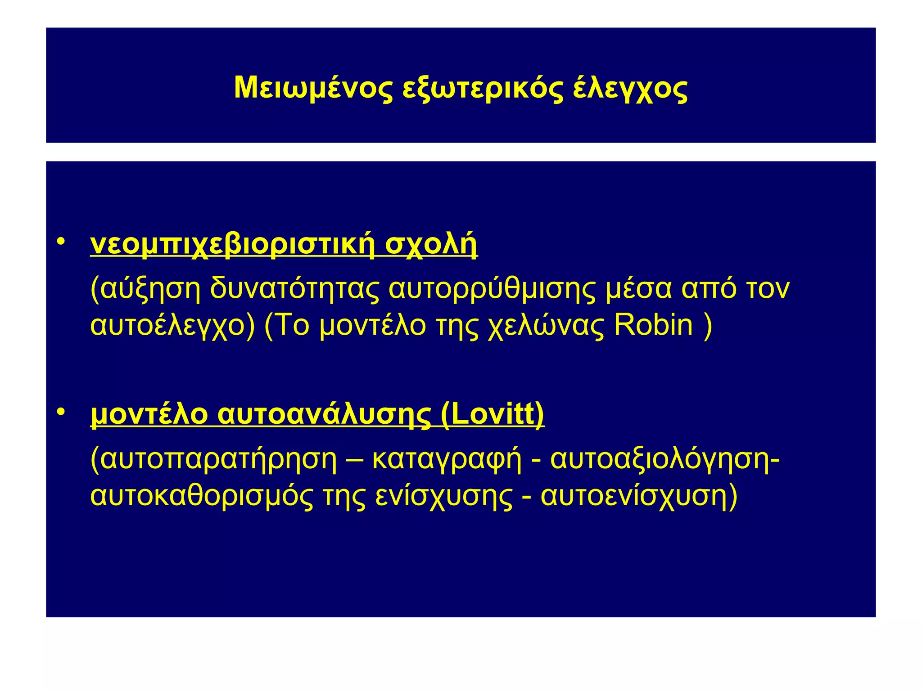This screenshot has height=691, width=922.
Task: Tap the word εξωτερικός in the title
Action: [482, 88]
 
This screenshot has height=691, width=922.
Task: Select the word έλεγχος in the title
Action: [630, 88]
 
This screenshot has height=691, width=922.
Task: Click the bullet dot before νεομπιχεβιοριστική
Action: [61, 242]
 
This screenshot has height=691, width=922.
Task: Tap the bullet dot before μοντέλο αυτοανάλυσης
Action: [61, 412]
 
